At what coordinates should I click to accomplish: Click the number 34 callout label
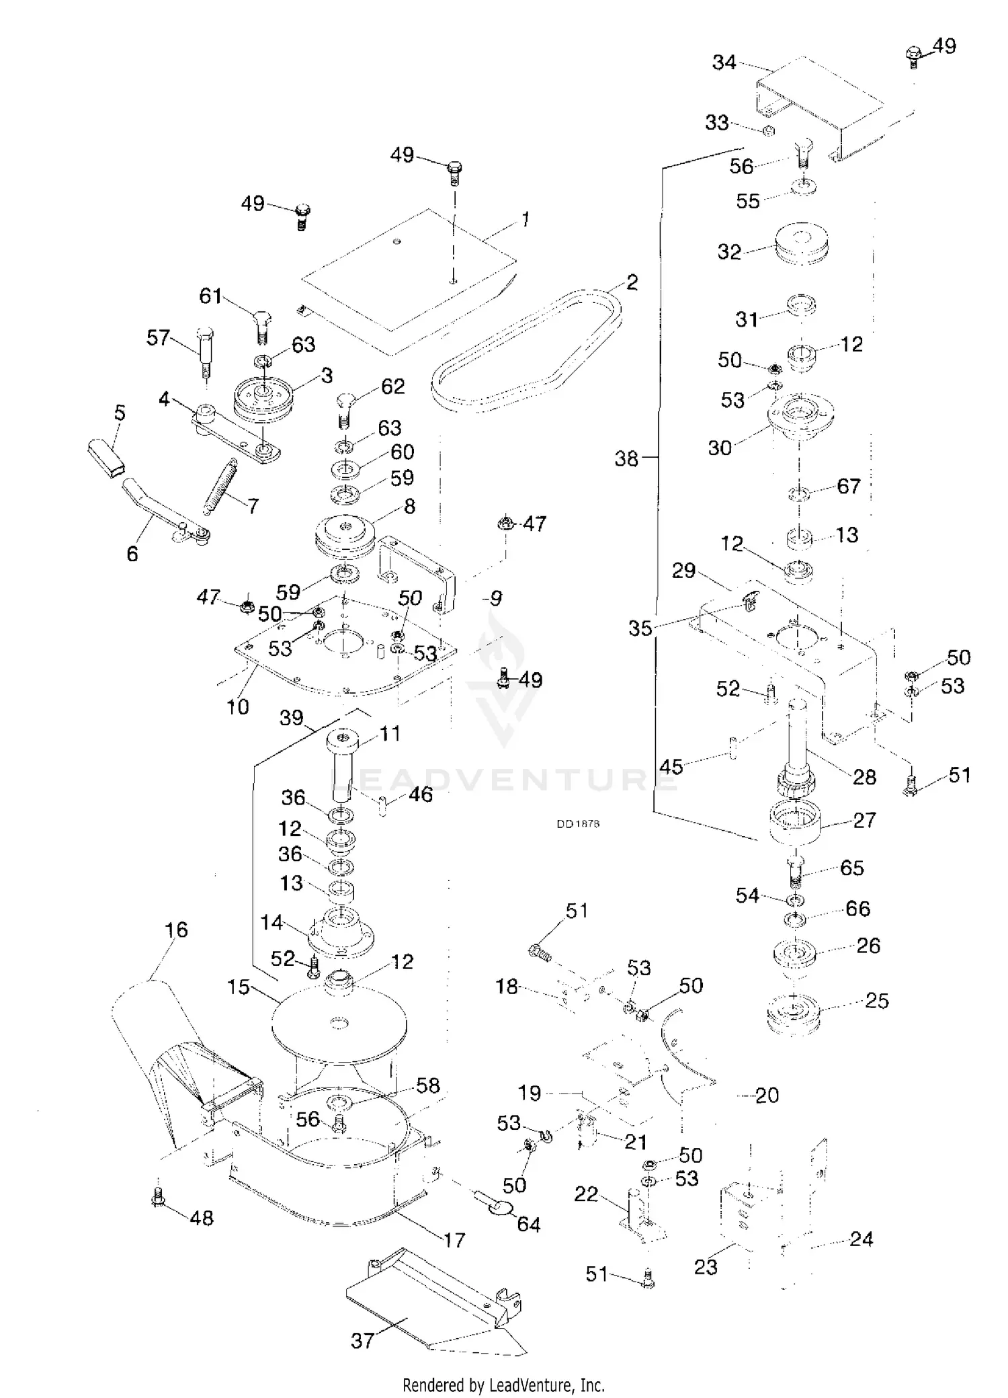coord(724,63)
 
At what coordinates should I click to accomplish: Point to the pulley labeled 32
coord(801,246)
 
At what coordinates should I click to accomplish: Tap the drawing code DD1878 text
coord(578,824)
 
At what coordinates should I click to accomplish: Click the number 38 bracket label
coord(626,458)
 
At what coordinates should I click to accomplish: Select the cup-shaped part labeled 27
coord(795,823)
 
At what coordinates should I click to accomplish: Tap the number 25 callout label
coord(877,1001)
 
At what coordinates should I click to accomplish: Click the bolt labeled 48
coord(159,1198)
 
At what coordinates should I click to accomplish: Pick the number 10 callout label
coord(238,706)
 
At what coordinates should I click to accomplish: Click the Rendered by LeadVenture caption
coord(503,1385)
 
